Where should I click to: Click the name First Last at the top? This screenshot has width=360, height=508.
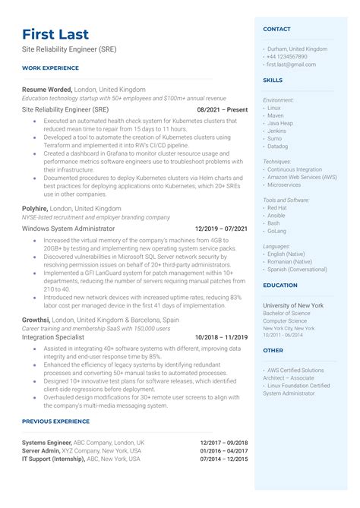(55, 34)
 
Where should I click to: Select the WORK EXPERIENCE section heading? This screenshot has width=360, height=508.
(51, 68)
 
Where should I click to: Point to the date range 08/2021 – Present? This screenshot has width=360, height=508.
(223, 109)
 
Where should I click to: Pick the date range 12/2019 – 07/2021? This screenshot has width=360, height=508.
(221, 228)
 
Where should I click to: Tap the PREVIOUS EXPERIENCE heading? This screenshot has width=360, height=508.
(55, 421)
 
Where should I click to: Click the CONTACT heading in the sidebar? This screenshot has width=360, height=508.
(276, 29)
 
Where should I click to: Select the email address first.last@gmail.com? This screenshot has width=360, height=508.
(292, 65)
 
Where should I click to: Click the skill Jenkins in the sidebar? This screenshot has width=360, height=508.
(276, 131)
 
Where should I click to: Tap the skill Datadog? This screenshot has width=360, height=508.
(278, 147)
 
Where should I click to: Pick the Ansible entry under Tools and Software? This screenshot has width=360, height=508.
(277, 215)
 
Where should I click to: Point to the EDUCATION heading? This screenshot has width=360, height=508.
(279, 286)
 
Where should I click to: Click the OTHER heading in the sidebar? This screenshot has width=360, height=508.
(273, 351)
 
